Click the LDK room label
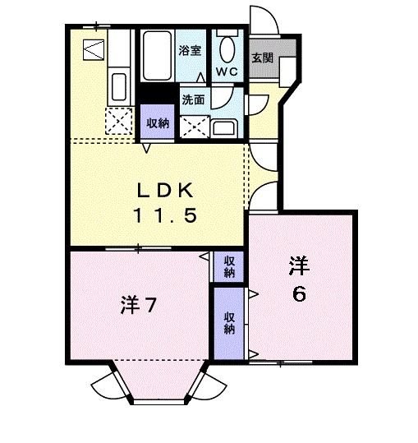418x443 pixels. point(164,191)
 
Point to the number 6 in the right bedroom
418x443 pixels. point(300,293)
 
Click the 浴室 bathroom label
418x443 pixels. point(190,51)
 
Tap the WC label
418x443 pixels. point(227,71)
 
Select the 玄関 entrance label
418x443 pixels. point(262,58)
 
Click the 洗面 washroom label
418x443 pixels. point(193,100)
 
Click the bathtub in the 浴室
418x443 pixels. point(157,53)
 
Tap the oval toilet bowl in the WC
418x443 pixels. point(227,48)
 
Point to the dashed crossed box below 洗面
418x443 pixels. point(194,127)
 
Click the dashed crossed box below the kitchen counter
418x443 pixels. point(118,123)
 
